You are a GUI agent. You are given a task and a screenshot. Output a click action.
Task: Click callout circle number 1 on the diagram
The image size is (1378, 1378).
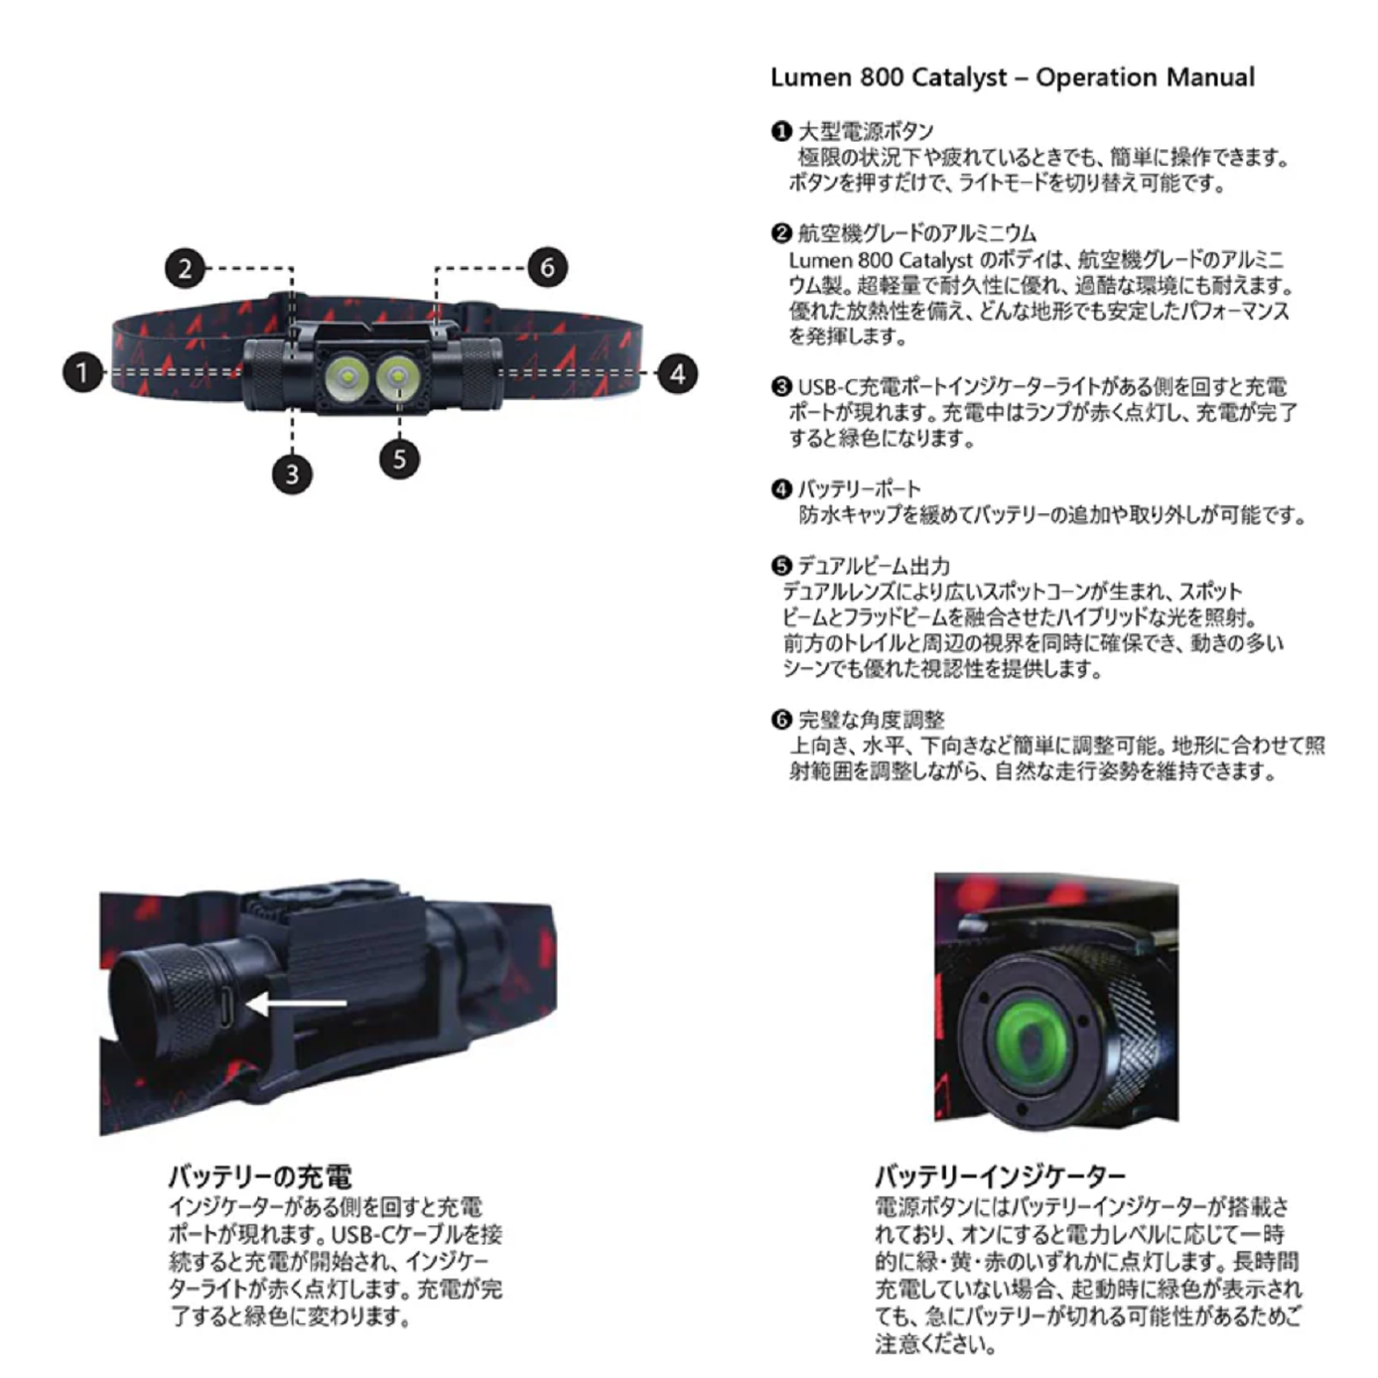83,372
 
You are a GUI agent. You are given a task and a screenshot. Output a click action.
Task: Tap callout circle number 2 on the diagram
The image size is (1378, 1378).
186,268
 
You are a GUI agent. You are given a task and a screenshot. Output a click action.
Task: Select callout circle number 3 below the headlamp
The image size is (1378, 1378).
292,475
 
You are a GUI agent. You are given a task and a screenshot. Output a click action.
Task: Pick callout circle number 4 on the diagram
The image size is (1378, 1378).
677,373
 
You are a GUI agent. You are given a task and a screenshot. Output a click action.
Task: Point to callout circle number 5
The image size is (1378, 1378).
399,459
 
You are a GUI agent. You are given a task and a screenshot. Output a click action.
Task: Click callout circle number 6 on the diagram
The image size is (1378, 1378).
547,267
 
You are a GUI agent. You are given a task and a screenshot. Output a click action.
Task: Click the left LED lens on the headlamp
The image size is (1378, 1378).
345,375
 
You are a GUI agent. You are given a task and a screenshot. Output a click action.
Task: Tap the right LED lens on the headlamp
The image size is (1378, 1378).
397,375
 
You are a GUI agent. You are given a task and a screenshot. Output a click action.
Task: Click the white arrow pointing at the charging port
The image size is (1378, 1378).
296,1004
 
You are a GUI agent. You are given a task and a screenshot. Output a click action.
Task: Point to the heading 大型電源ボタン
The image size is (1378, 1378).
866,132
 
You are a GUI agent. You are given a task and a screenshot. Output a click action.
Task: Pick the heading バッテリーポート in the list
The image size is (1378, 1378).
860,489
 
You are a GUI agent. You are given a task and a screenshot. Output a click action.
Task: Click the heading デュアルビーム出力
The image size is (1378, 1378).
874,566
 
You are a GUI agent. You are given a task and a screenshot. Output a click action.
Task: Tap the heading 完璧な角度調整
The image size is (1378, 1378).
871,720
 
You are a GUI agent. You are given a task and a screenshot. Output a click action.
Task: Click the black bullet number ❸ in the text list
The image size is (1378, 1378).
781,387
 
